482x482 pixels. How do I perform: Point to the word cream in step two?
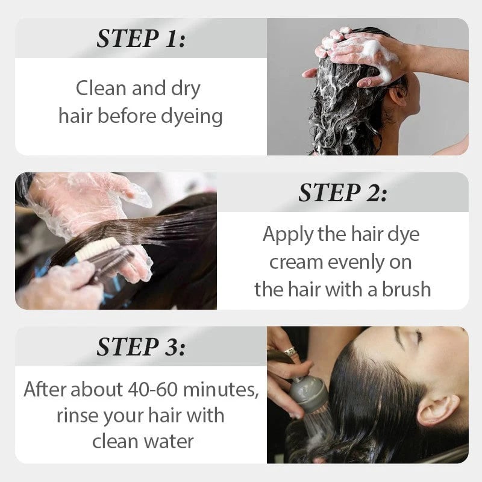(x=296, y=261)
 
